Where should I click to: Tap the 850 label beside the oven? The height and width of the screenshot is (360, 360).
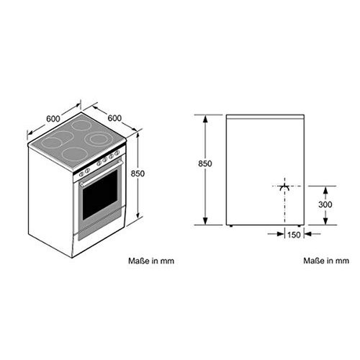click(x=138, y=173)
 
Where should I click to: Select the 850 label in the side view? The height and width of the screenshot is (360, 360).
click(x=206, y=164)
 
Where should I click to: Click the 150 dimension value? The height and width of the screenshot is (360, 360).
click(x=294, y=234)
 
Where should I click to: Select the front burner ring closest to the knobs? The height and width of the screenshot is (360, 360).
click(x=75, y=153)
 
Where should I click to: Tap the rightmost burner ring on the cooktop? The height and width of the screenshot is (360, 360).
click(x=97, y=139)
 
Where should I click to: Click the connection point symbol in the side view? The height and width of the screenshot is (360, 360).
click(x=285, y=186)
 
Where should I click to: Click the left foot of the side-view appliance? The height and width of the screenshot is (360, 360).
click(x=230, y=226)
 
